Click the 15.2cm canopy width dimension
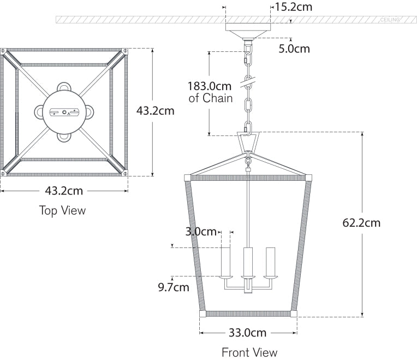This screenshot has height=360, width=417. tap(294, 7)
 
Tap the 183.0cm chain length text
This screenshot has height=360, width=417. tap(210, 86)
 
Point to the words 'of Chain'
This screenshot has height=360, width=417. tap(211, 98)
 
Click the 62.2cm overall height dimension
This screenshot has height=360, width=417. tap(361, 223)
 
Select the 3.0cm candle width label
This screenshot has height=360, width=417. tap(201, 232)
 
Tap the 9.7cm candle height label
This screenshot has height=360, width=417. tap(174, 287)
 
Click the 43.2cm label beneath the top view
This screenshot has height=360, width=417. tap(64, 191)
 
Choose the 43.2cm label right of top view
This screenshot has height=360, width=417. tap(155, 111)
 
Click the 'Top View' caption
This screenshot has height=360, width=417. tap(62, 210)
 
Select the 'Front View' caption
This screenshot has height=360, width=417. tap(249, 352)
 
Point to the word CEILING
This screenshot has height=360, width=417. tap(390, 20)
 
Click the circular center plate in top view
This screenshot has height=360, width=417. tap(64, 112)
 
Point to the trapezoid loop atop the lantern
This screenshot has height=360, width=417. tap(248, 144)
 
